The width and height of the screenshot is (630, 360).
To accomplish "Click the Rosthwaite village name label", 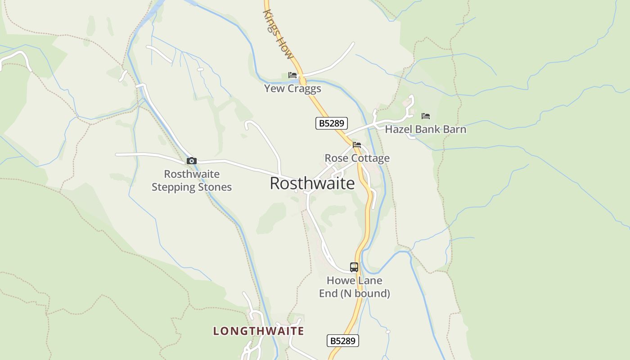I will click(x=312, y=184).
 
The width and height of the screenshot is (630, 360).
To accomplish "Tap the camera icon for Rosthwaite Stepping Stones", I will click(x=192, y=161).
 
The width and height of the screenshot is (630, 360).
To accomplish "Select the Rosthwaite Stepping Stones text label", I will click(x=192, y=180).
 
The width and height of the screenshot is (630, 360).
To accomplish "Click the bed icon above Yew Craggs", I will click(x=292, y=75).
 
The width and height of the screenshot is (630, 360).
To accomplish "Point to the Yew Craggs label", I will click(x=292, y=88).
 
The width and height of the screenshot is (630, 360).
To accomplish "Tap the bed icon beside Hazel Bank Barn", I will click(x=426, y=116).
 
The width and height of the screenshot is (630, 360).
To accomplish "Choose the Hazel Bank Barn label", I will click(x=425, y=130).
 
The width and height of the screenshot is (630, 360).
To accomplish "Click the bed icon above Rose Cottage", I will click(x=357, y=145).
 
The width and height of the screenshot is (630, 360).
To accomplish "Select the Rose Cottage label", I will click(x=357, y=158).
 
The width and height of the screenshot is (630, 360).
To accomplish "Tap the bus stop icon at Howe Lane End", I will click(x=354, y=267).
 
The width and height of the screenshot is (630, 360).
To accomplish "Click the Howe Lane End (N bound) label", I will click(x=355, y=287).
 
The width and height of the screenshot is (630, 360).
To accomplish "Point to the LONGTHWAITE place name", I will click(x=259, y=331).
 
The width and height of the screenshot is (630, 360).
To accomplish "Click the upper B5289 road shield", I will click(x=332, y=123).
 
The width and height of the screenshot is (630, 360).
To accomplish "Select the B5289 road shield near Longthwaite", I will click(x=343, y=341).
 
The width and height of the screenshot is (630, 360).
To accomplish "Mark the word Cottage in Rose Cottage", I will click(x=371, y=158).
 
